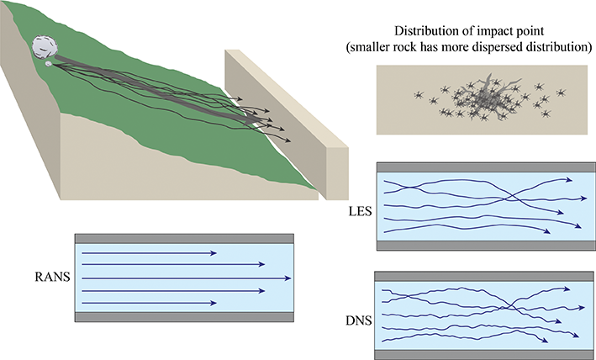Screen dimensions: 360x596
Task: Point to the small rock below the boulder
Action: pos(49,64)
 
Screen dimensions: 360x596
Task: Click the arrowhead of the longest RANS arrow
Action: pos(289,277)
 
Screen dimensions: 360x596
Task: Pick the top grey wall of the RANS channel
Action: pos(184,239)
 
